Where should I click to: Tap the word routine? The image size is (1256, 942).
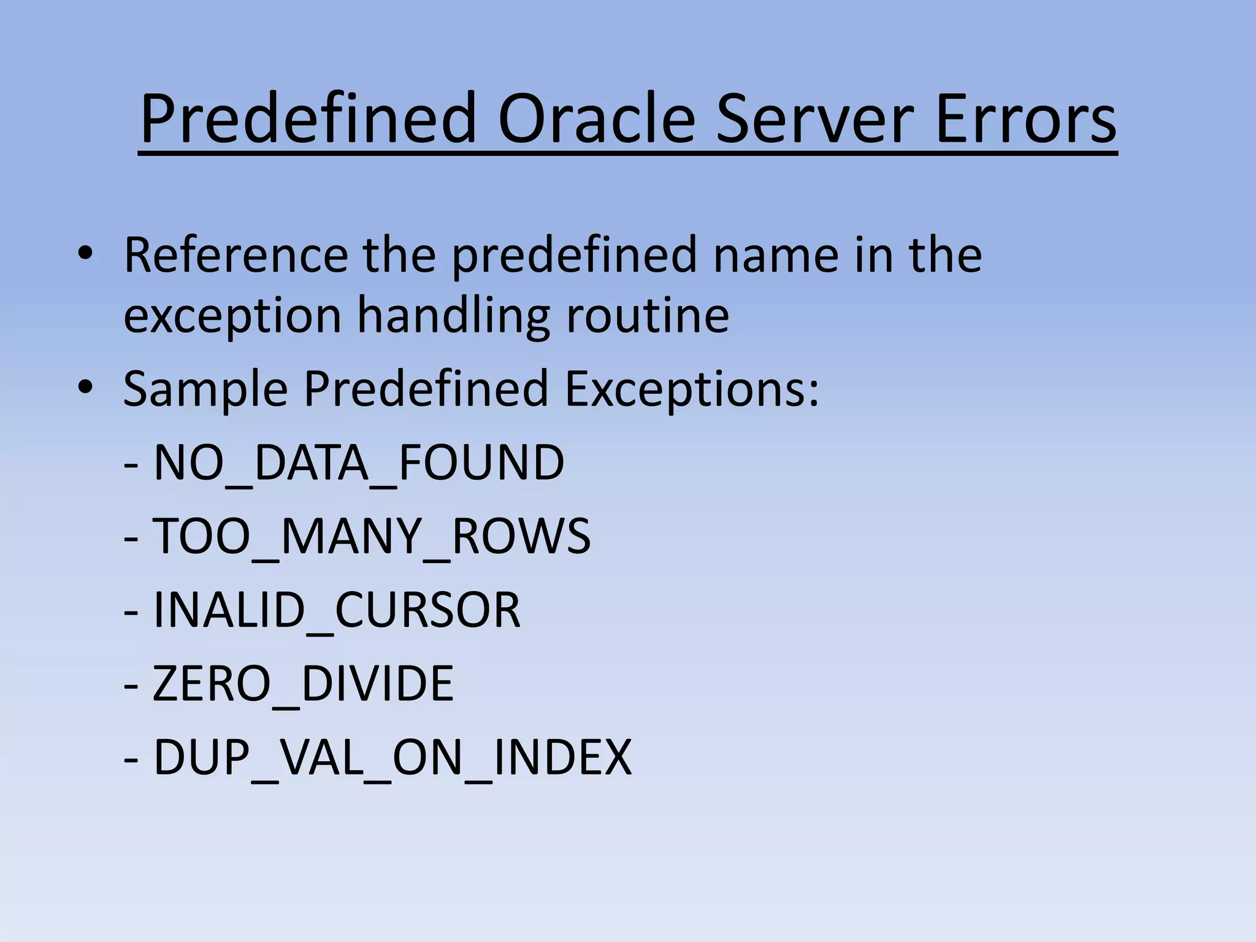point(648,315)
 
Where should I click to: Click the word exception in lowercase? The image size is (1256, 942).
point(232,316)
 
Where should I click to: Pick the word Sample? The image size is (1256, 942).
point(205,389)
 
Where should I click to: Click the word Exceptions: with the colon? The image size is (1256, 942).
point(692,389)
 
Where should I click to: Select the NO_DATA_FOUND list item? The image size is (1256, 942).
point(358,462)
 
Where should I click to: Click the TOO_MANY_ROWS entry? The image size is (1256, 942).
point(371,536)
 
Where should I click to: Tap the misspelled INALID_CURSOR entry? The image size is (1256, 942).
point(336,610)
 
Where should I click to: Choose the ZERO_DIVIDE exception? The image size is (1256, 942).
point(303,683)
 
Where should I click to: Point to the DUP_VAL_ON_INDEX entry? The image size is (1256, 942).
point(392,757)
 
